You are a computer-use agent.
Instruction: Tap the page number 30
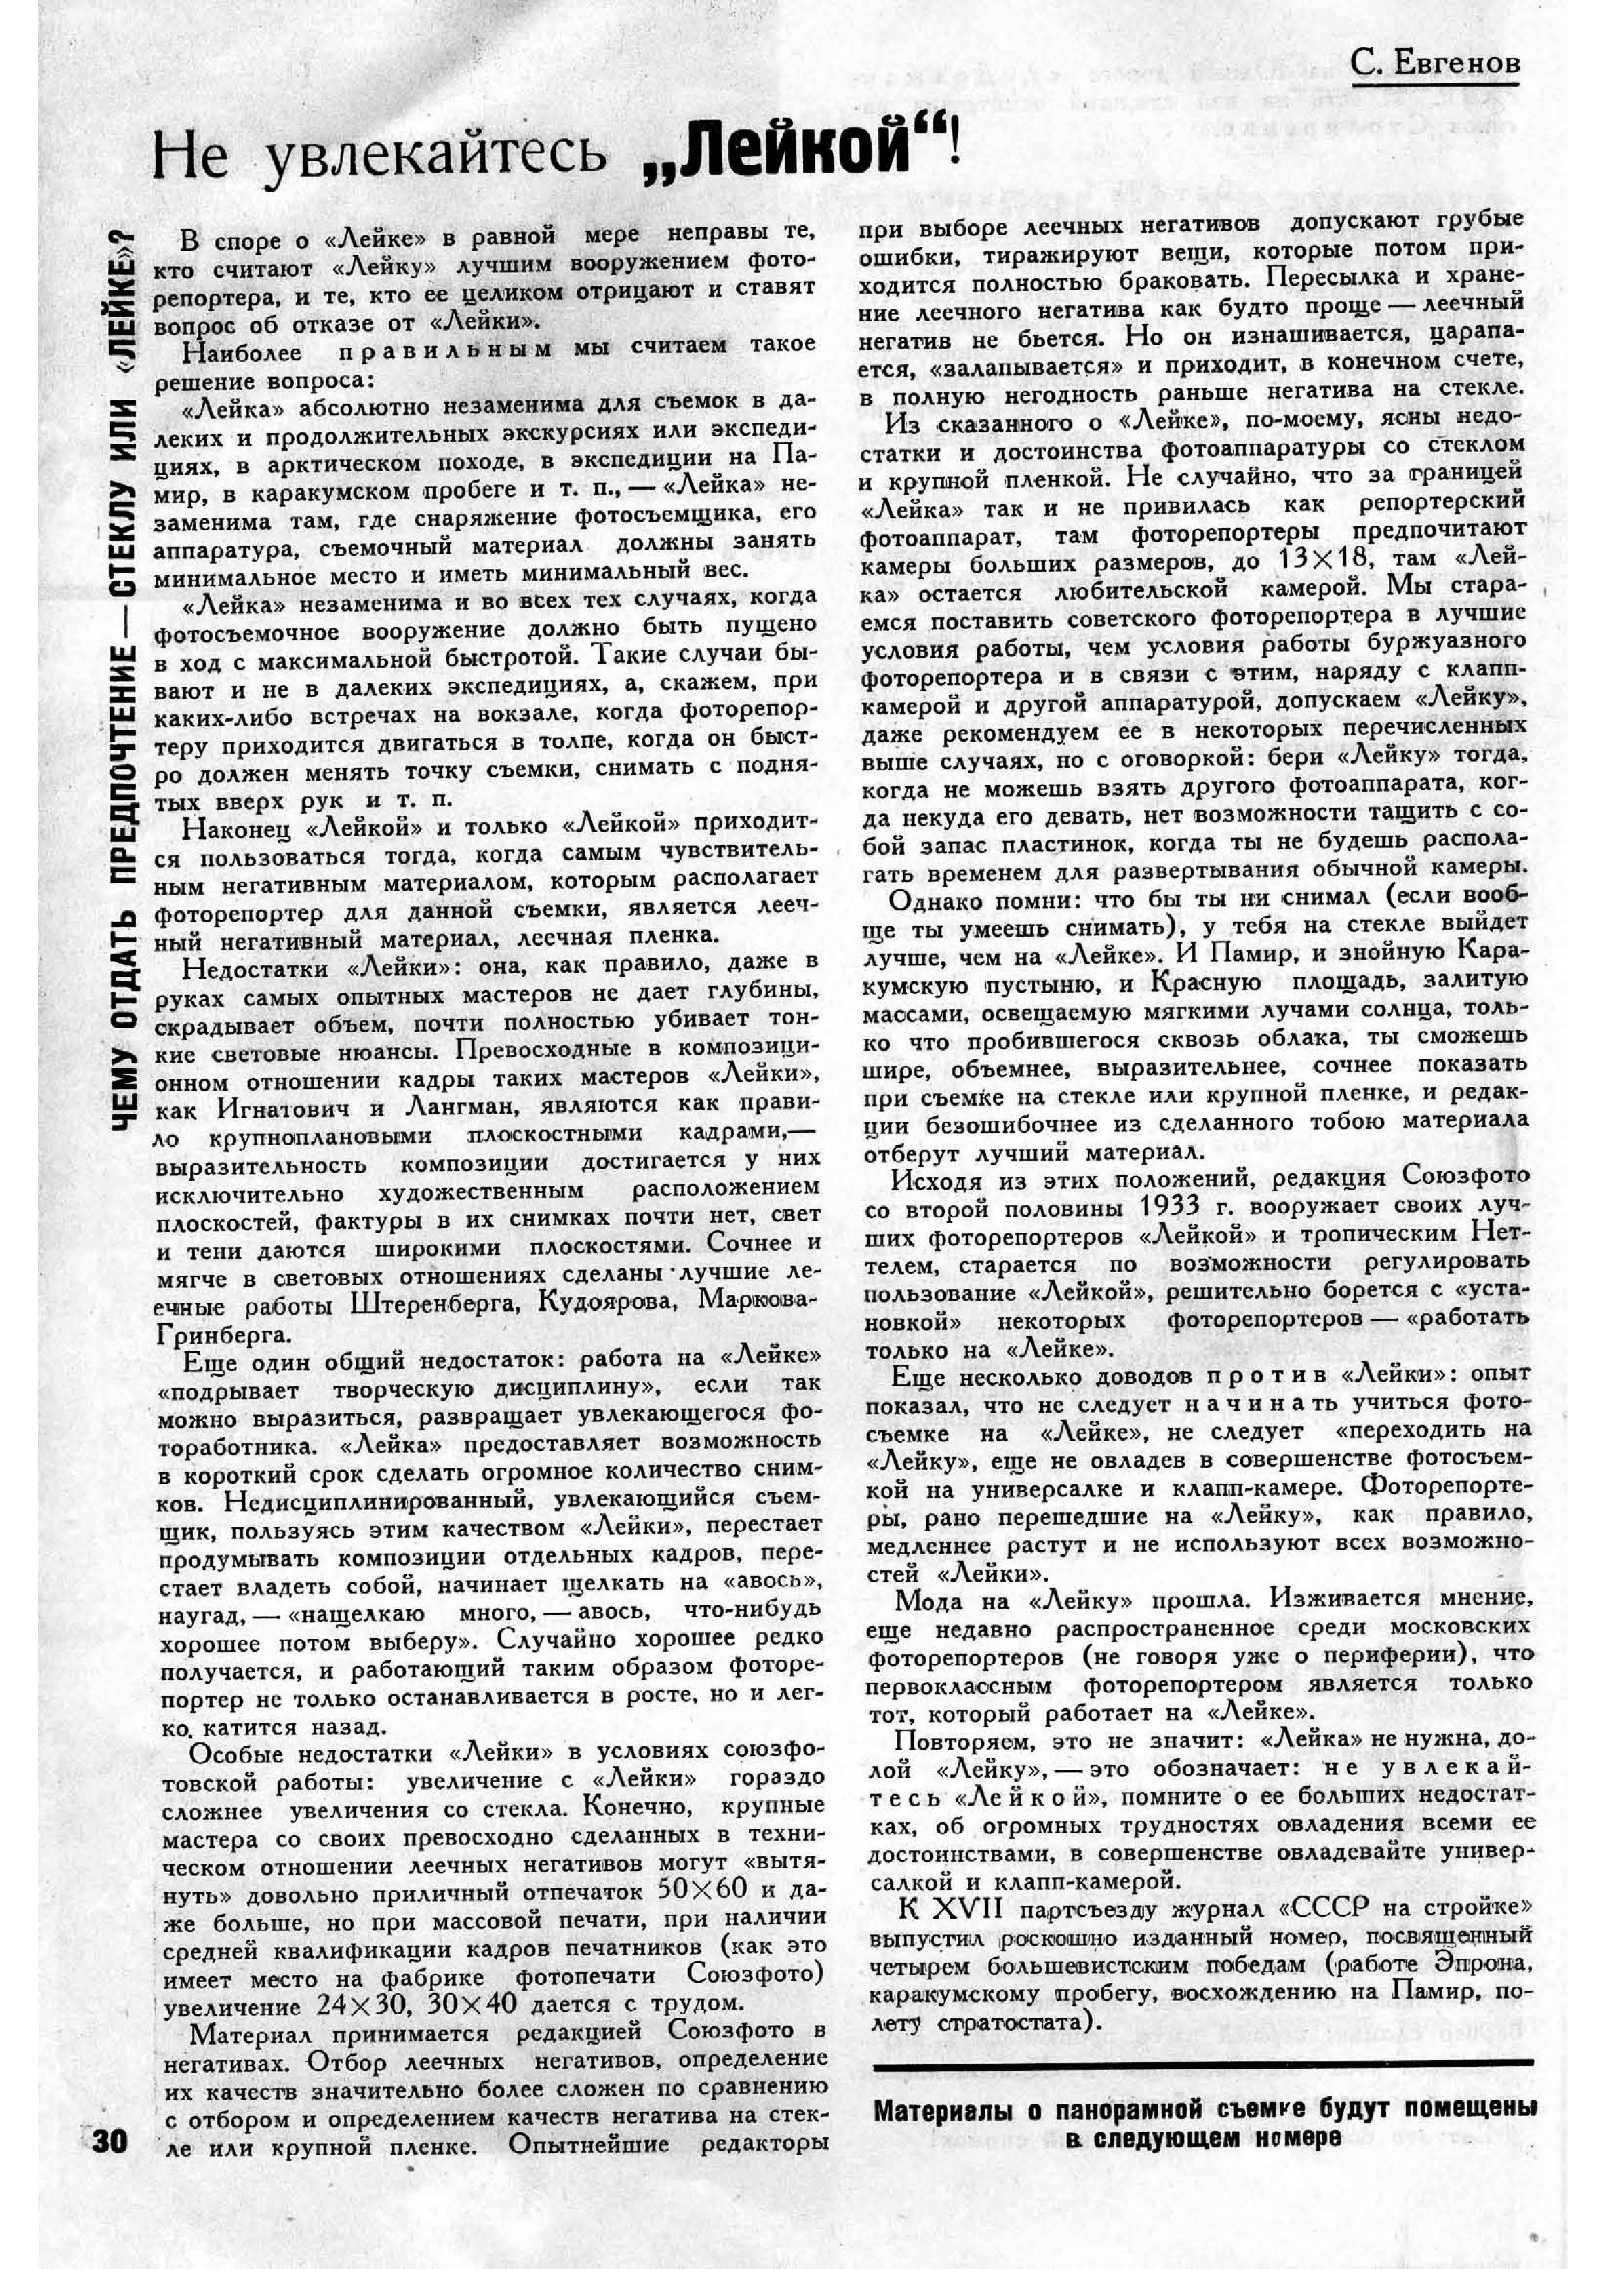tap(110, 2142)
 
